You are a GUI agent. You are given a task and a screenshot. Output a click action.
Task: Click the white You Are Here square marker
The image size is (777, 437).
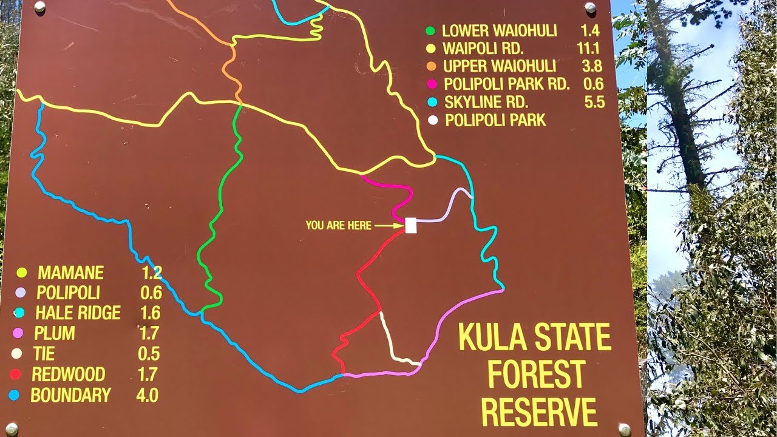click(x=411, y=225)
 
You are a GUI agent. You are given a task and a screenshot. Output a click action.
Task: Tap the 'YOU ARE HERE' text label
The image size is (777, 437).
click(x=338, y=226)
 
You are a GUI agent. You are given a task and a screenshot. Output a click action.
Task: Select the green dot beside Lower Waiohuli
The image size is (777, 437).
click(x=431, y=31)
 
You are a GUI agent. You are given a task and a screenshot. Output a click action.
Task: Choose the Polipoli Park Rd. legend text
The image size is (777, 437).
click(x=507, y=84)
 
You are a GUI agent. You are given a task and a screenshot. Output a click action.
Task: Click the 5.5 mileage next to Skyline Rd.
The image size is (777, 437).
click(x=595, y=102)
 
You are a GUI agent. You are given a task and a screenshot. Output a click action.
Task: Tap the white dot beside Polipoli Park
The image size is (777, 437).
click(x=432, y=120)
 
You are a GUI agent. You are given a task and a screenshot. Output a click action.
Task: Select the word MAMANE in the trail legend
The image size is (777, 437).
click(x=70, y=273)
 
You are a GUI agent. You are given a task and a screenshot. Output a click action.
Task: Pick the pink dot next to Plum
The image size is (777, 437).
click(x=18, y=333)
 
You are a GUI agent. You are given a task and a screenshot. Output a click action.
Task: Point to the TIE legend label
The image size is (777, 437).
click(x=44, y=354)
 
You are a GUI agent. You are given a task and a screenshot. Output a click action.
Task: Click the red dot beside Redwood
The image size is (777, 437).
click(x=16, y=374)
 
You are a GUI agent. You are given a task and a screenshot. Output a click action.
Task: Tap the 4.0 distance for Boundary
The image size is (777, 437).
click(x=148, y=395)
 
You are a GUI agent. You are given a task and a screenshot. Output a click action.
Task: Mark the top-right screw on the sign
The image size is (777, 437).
click(x=589, y=7)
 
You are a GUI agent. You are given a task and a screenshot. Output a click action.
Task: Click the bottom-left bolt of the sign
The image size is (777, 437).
click(x=11, y=429)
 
